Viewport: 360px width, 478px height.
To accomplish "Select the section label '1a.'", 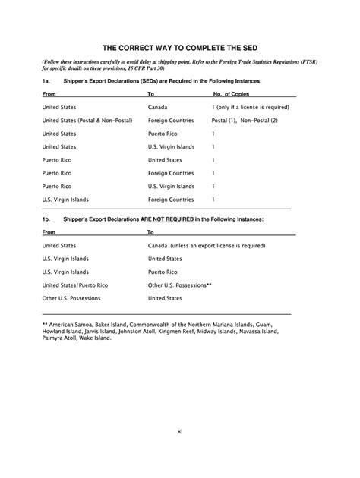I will coord(46,79).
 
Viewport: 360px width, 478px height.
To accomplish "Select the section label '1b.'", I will coord(46,218).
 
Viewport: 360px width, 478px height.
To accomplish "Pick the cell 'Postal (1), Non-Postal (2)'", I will coord(245,121).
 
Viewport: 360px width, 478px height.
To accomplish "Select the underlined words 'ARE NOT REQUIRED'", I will coord(165,218).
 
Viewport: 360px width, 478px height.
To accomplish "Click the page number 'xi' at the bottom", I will coord(180,431).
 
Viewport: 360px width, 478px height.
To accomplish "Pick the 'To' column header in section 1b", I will coord(150,232).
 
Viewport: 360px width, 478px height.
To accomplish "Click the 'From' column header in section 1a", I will coord(49,94).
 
